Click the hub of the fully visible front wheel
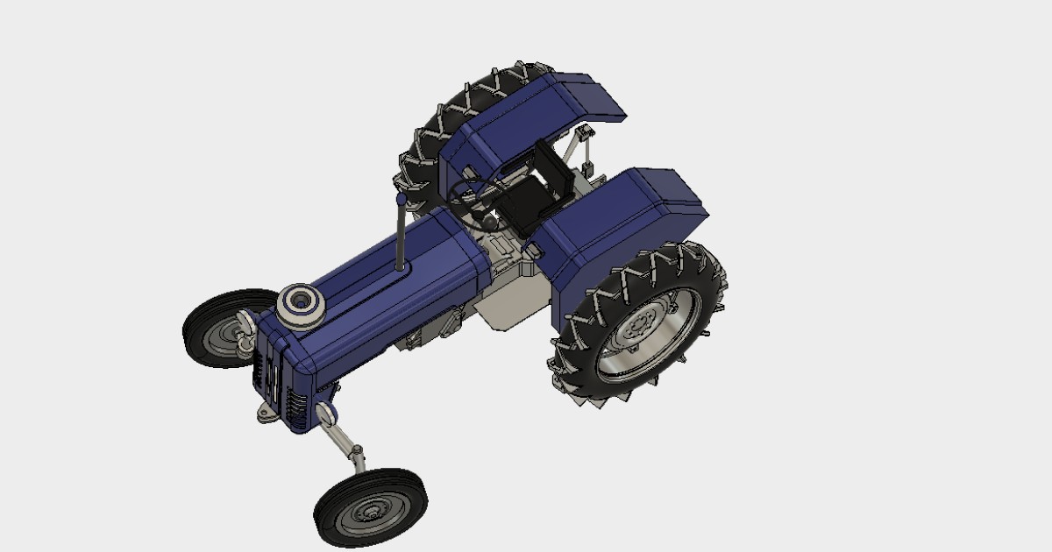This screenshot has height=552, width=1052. tap(373, 510)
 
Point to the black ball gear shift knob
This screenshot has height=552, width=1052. tap(479, 215)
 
